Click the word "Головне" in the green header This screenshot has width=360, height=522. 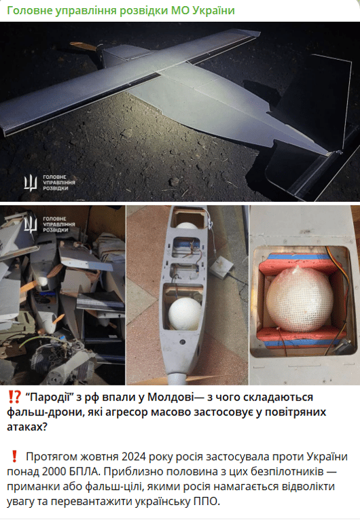(x=30, y=11)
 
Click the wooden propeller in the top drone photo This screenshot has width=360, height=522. (x=84, y=47)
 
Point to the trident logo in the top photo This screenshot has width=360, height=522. (x=31, y=183)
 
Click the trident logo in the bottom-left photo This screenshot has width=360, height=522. (x=31, y=224)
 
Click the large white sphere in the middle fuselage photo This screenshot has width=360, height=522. (x=185, y=313)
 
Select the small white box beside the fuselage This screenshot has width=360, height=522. (x=222, y=266)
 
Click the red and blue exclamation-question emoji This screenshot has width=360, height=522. (x=14, y=397)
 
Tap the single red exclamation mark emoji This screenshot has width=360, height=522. (x=14, y=456)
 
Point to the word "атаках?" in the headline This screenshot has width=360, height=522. (x=27, y=427)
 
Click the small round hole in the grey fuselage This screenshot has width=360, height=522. (x=182, y=342)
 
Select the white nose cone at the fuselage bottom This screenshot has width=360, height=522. (x=177, y=378)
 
